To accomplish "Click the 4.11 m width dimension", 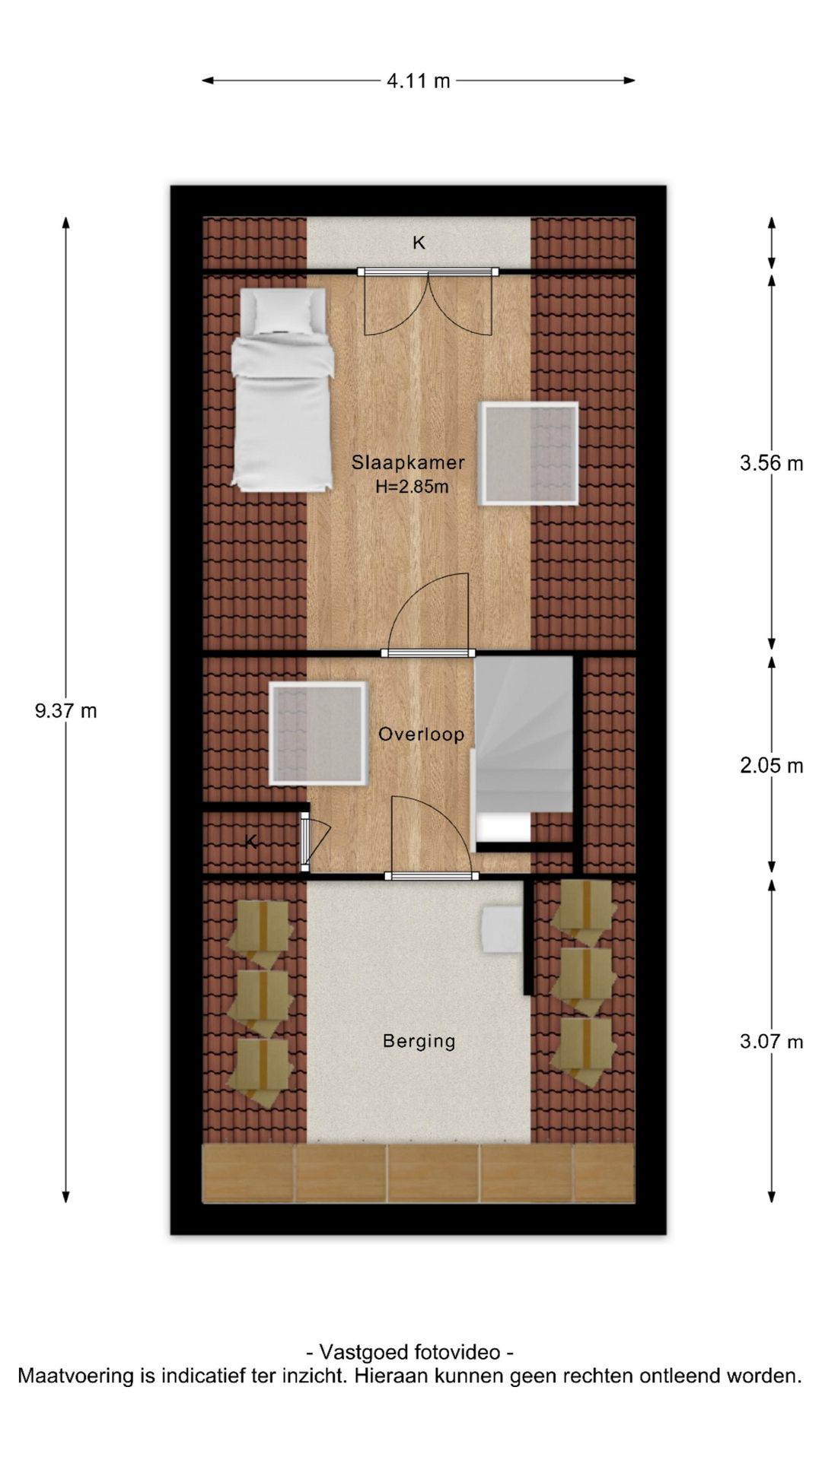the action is [x=419, y=81].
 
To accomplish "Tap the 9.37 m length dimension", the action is [x=66, y=711].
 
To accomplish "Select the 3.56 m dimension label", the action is [x=771, y=463].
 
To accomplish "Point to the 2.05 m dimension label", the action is [x=771, y=766].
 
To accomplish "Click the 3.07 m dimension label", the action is [x=771, y=1042].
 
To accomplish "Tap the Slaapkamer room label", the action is [x=408, y=462].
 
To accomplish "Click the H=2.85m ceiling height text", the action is [x=412, y=487].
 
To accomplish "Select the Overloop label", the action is [x=421, y=735].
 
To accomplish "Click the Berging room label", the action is [x=419, y=1041].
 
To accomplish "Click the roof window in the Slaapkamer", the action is [x=528, y=454].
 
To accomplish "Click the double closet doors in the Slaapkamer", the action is [x=428, y=303].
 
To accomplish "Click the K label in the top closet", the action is [x=419, y=243].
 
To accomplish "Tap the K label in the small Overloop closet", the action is [x=251, y=842].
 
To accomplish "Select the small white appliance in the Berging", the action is [x=502, y=928].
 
